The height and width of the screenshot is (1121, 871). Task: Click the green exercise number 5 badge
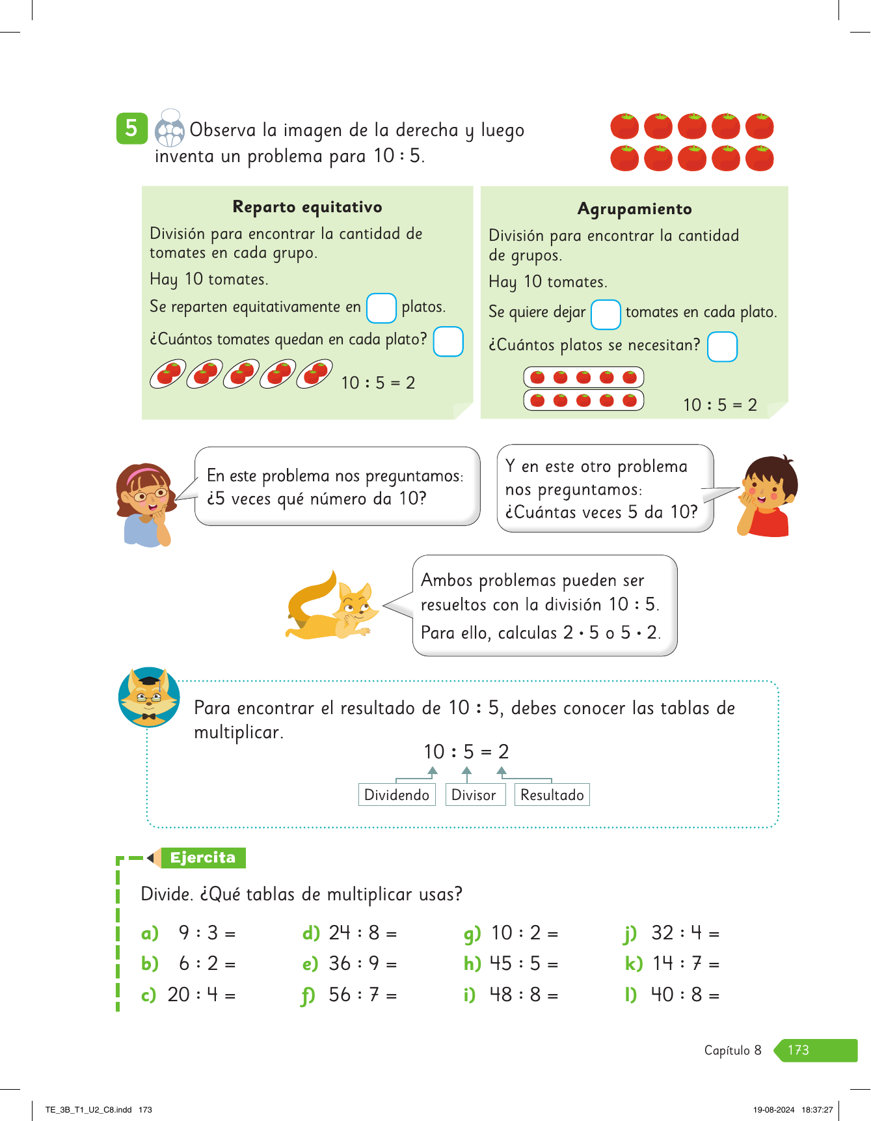point(131,128)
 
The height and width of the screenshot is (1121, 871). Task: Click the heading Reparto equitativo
point(307,207)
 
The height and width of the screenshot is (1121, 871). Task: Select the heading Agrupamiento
point(634,209)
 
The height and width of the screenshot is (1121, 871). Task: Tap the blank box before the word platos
point(381,308)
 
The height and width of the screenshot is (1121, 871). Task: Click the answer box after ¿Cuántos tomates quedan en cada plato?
point(448,342)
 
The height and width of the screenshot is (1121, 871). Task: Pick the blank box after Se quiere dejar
point(605,314)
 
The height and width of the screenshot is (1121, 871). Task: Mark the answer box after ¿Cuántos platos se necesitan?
point(722,346)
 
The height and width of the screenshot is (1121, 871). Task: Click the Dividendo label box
point(397,795)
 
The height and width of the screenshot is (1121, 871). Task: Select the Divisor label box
point(474,795)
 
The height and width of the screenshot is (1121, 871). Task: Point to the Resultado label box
point(552,795)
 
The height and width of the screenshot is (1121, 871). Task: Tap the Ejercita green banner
point(203,858)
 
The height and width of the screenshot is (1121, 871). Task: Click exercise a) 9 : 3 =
point(189,934)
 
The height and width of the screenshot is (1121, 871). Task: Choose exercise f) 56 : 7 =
point(350,995)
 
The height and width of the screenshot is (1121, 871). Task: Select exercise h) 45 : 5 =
point(511,964)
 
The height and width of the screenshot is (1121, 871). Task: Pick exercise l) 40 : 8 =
point(673,995)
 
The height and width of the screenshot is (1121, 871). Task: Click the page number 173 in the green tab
point(799,1050)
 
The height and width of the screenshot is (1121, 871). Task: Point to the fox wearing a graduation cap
point(150,697)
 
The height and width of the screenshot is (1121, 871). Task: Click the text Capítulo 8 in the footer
point(732,1050)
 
